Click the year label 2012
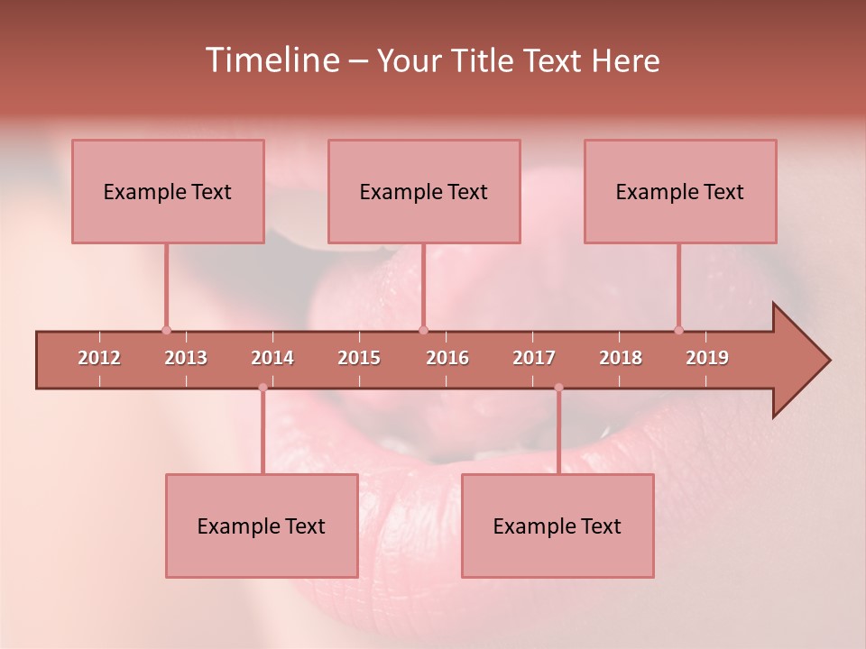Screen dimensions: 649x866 coord(99,358)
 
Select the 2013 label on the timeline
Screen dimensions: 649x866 coord(186,358)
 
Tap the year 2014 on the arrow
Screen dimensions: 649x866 coord(272,358)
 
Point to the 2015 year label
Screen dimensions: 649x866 coord(359,358)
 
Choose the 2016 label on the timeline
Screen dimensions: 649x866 coord(447,358)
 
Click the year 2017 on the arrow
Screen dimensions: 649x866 coord(534,358)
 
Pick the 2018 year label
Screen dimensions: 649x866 coord(621,358)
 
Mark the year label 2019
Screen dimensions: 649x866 coord(707,358)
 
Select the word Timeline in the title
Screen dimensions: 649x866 coord(271,60)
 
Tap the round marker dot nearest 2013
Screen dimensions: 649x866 coord(166,330)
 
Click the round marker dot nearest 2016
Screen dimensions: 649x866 coord(423,330)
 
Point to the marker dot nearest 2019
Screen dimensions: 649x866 coord(678,330)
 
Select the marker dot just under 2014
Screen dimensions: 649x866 coord(263,388)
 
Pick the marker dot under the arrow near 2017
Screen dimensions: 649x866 coord(558,388)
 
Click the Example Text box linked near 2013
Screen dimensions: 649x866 coord(168,191)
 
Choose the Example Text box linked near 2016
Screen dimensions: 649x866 coord(424,191)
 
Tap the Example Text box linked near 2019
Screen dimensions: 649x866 coord(680,191)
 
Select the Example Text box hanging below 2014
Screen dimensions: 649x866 coord(262,526)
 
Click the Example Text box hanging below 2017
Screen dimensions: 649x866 coord(557,526)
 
